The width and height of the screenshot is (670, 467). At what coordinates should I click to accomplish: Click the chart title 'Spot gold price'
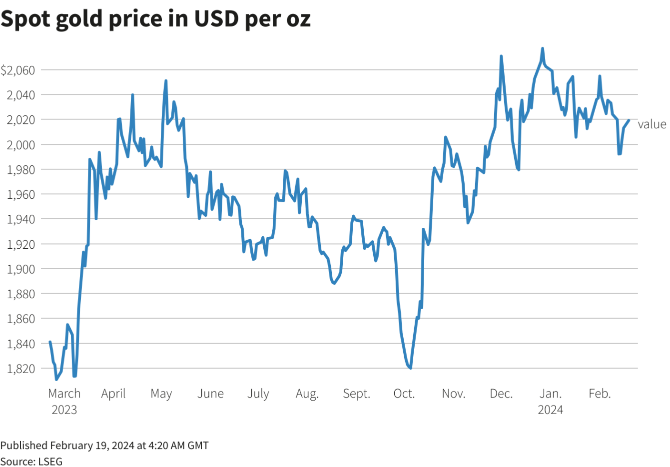tap(155, 19)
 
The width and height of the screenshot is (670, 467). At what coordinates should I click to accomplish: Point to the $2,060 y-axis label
tap(18, 70)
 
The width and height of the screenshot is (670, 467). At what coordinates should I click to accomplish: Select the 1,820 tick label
tap(21, 369)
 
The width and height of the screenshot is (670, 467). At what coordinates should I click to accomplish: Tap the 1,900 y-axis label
tap(21, 269)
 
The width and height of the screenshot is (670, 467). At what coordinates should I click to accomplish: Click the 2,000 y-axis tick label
tap(21, 145)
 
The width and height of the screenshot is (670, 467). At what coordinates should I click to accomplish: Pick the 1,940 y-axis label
tap(21, 219)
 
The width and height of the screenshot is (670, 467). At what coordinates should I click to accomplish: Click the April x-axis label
tap(113, 394)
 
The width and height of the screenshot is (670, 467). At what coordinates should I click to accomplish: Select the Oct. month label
tap(404, 394)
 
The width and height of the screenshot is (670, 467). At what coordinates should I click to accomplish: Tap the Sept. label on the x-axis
tap(356, 394)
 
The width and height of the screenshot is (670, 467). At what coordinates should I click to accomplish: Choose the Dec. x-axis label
tap(501, 394)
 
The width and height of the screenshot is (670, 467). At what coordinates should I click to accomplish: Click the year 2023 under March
tap(64, 410)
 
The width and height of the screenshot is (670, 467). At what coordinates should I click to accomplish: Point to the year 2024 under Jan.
tap(550, 410)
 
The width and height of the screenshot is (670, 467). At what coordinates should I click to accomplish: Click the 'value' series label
tap(652, 124)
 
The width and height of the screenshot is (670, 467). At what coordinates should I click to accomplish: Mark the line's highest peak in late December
tap(543, 48)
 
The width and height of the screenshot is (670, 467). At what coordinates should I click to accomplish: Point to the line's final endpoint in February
tap(629, 120)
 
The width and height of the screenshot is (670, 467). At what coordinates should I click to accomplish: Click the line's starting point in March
tap(50, 342)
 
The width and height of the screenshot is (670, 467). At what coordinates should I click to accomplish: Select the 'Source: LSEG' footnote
tap(31, 461)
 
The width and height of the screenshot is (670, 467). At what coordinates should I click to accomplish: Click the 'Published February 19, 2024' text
tap(104, 445)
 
